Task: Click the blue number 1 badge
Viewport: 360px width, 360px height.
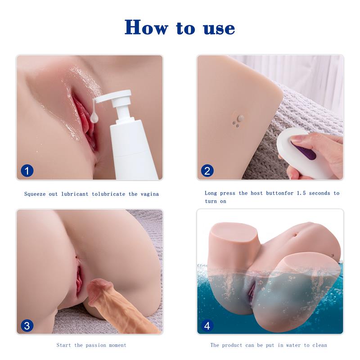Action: pyautogui.click(x=27, y=171)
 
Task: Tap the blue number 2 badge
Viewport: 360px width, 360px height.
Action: pyautogui.click(x=207, y=171)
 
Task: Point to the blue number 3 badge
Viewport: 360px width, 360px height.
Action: pyautogui.click(x=27, y=325)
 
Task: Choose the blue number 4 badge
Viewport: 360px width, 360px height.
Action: pyautogui.click(x=207, y=325)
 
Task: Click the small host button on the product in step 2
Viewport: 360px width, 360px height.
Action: pyautogui.click(x=240, y=118)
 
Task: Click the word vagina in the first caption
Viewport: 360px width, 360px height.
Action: pyautogui.click(x=149, y=194)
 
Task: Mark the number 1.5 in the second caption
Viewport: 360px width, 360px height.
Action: pyautogui.click(x=301, y=193)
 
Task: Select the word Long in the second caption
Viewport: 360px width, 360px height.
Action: pyautogui.click(x=211, y=193)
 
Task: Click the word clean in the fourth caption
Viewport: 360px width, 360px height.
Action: pyautogui.click(x=318, y=345)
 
